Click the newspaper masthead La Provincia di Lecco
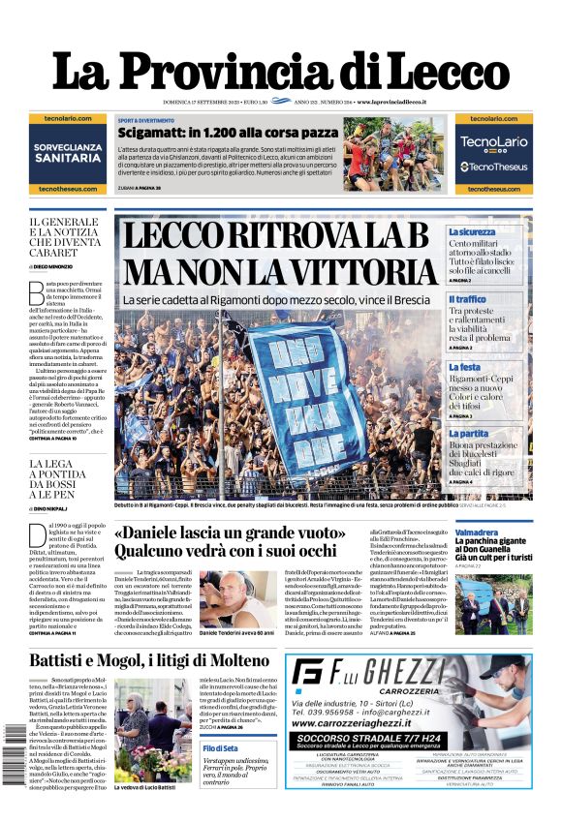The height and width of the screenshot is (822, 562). tap(280, 72)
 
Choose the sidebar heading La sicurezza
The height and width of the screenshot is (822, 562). tap(472, 232)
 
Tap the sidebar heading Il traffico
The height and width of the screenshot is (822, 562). tap(468, 300)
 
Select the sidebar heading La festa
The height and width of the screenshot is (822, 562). tap(464, 368)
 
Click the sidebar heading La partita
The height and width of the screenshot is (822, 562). tap(469, 434)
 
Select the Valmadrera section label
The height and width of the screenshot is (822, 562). tap(477, 533)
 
